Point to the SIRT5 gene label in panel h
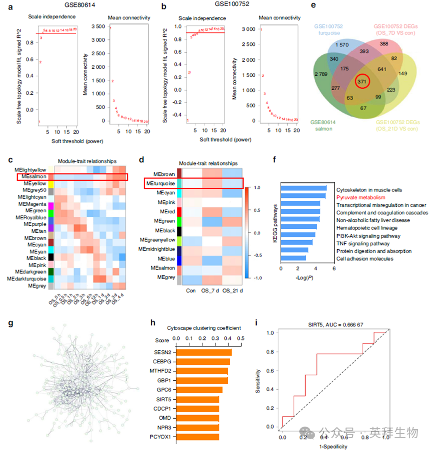point(161,399)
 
